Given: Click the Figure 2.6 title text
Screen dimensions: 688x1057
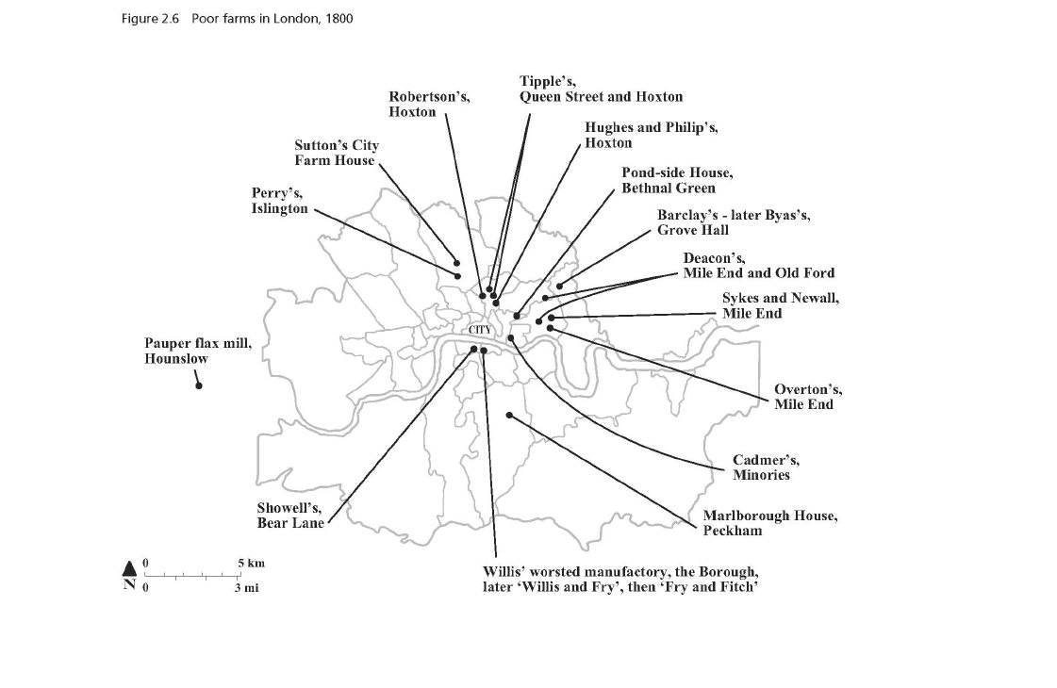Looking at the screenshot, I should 238,19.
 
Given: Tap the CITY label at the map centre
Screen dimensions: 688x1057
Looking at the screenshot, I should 480,329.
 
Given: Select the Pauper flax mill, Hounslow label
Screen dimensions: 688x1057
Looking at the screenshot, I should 198,352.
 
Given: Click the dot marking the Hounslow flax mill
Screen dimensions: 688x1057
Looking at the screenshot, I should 199,385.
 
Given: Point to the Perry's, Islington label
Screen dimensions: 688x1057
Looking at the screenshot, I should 279,202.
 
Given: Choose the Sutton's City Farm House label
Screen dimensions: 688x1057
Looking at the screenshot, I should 336,153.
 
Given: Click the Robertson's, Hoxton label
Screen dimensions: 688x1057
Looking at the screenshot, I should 429,104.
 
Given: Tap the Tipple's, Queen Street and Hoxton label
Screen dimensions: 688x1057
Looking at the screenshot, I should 601,89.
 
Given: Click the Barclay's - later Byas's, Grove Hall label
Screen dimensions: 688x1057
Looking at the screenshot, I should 733,222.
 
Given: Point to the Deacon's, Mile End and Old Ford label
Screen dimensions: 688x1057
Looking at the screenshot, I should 758,265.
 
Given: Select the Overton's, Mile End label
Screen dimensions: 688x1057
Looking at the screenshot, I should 808,397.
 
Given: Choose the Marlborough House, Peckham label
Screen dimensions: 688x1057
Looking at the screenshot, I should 769,523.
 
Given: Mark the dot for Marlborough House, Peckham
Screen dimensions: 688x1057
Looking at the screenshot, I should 508,415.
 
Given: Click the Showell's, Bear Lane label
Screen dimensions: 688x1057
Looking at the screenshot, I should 290,516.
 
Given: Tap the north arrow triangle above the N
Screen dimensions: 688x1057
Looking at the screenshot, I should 129,567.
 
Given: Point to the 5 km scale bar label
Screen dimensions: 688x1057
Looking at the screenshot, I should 251,564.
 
